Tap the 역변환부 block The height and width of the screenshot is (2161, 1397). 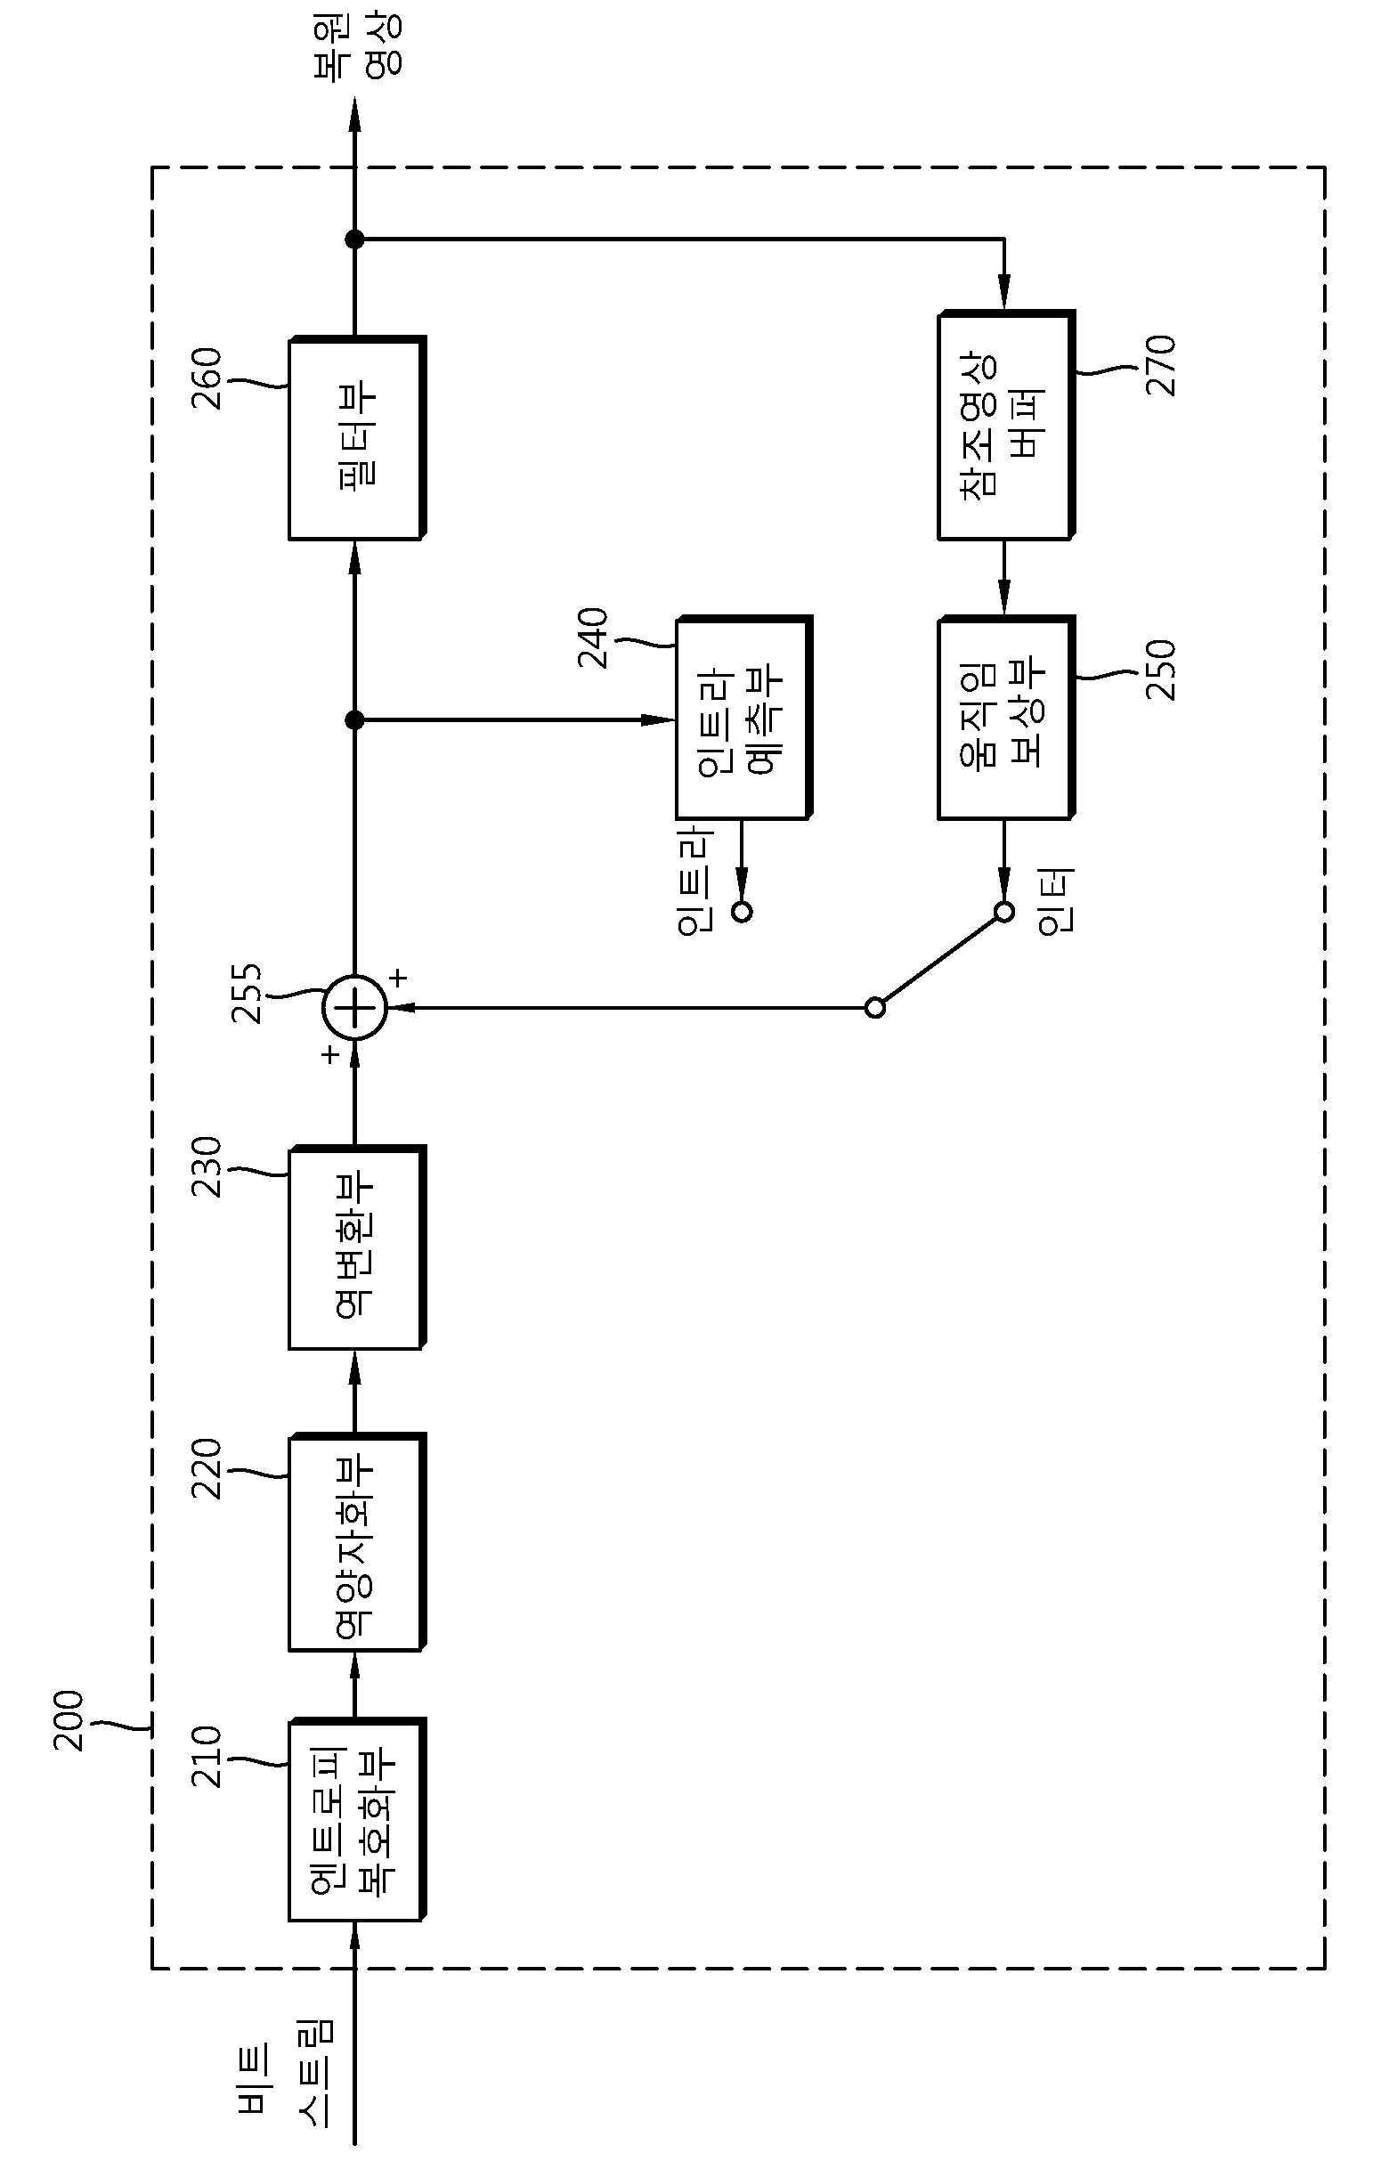pos(356,1247)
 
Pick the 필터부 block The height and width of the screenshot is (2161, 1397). pos(356,438)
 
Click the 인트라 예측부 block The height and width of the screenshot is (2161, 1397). pos(743,718)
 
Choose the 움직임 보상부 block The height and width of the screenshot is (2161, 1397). pos(1006,718)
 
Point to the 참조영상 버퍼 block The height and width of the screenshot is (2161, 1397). pos(1006,426)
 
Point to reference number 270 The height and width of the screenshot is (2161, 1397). pos(1162,365)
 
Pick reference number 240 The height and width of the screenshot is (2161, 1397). pos(594,638)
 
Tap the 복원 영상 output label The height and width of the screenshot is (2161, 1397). pos(357,49)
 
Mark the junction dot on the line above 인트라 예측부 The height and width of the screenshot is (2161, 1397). pos(354,720)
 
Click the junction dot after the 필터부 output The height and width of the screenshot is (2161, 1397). pos(354,240)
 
